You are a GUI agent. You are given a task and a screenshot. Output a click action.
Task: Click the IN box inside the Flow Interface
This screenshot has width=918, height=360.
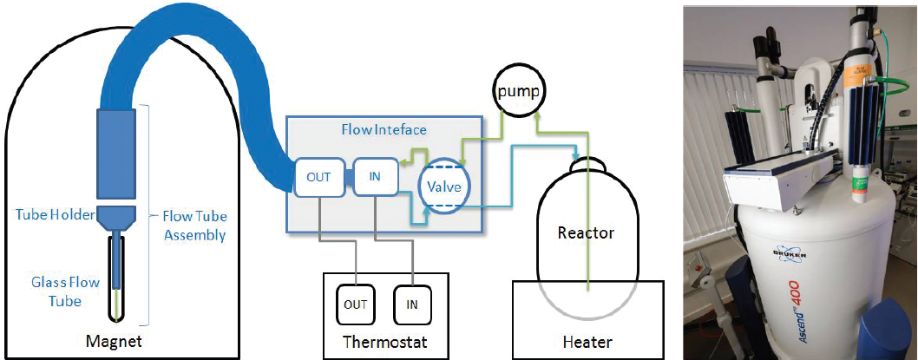375,178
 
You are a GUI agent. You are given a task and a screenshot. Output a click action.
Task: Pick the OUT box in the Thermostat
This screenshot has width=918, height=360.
356,304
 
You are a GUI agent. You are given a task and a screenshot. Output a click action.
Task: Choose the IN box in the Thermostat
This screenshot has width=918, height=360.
412,304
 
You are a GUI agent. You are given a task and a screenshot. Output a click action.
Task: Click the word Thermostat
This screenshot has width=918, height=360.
384,341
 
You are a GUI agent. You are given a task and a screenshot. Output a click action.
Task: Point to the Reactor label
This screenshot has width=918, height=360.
586,232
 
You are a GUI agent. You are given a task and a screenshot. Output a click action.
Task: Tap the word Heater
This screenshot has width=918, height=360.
587,342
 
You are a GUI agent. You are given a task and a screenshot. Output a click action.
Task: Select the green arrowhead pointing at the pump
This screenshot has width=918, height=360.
539,115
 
